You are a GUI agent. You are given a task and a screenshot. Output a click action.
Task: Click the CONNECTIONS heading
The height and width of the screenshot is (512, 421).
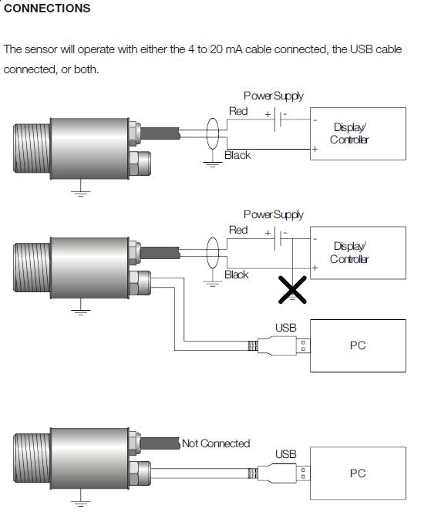point(47,8)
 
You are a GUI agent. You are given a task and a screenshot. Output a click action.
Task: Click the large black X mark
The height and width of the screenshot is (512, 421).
point(292,290)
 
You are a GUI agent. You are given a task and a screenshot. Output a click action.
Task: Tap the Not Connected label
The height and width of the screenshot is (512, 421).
point(216,443)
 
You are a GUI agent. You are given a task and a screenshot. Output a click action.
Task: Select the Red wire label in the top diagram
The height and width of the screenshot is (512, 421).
point(238,111)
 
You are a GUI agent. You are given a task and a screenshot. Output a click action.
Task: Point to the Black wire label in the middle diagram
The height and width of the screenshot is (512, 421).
point(237,275)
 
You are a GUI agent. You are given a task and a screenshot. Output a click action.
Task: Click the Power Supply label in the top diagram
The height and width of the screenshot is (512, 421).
point(274,96)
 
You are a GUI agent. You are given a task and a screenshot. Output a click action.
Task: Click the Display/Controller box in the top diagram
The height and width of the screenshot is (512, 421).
point(358,133)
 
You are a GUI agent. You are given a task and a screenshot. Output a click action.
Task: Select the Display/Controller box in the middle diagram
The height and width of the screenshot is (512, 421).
point(358,253)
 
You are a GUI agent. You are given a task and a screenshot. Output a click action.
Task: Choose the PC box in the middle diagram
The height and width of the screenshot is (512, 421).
point(358,345)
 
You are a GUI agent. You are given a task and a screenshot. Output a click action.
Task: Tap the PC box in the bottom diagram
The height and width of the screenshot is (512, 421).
point(358,473)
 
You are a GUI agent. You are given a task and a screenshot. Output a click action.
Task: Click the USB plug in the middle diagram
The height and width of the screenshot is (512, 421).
point(279,345)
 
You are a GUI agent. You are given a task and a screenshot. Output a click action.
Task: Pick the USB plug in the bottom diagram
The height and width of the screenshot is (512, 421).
point(279,473)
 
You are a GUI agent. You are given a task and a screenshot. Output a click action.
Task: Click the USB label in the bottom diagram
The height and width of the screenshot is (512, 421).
point(286,454)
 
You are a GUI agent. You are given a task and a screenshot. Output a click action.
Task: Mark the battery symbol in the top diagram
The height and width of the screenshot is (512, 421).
point(278,120)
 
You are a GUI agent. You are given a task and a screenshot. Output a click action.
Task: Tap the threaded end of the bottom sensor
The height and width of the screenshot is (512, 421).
point(32,458)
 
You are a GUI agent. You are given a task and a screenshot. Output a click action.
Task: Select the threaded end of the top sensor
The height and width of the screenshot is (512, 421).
point(32,148)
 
